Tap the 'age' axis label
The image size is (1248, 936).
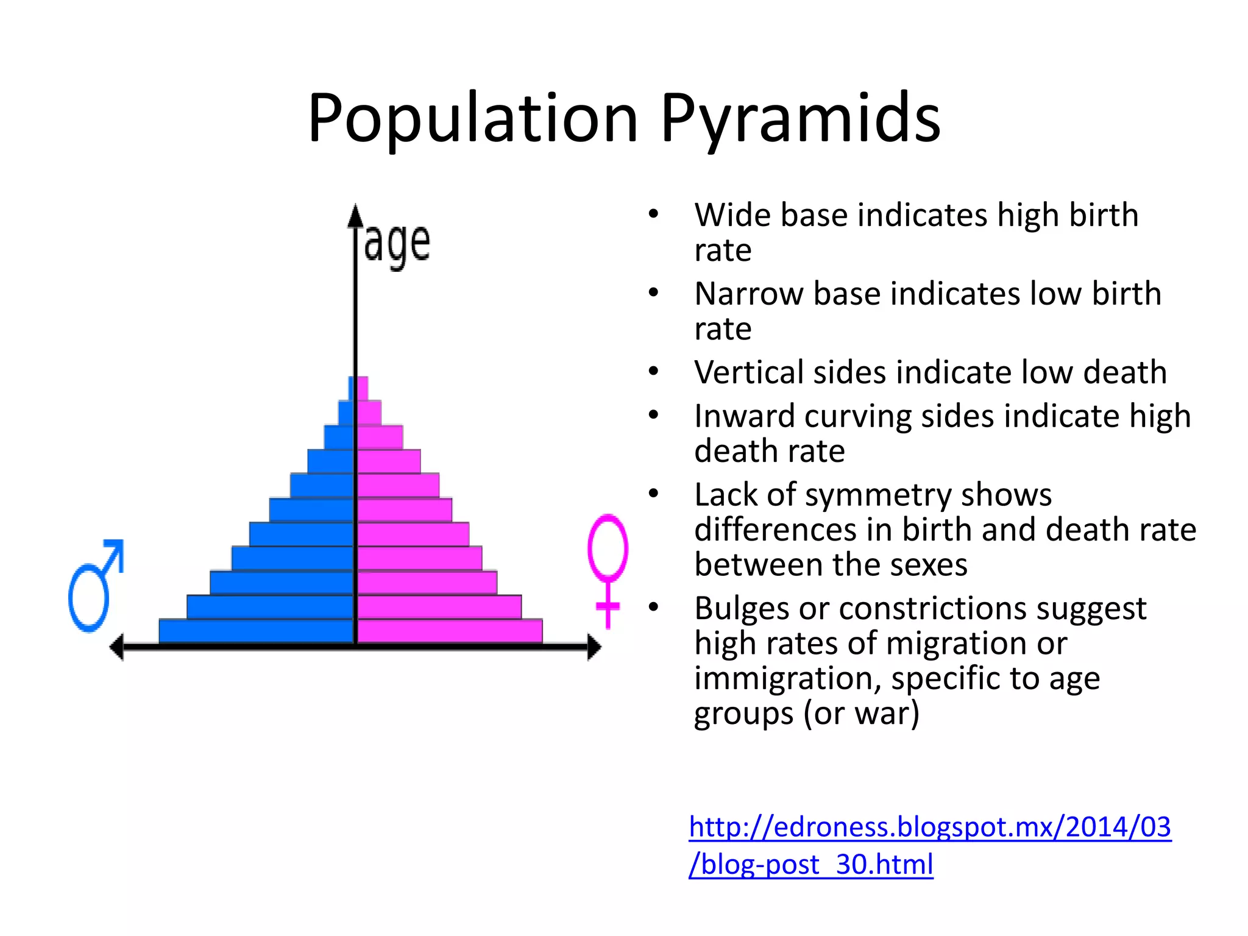397,244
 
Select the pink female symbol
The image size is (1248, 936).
608,567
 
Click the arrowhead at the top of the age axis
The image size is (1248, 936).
355,216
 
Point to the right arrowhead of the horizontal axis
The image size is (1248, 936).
594,647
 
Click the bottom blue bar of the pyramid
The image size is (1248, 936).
256,631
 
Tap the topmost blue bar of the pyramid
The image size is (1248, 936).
352,388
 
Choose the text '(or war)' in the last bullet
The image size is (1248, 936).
861,714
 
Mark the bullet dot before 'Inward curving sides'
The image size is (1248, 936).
654,416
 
